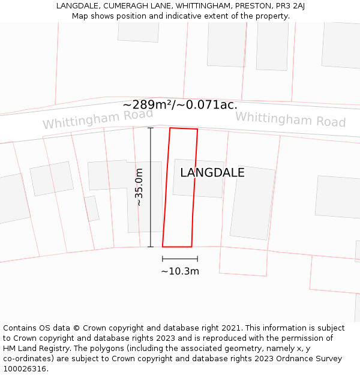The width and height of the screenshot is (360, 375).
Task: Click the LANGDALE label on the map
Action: [212, 173]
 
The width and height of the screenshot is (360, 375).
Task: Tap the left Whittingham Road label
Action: [89, 119]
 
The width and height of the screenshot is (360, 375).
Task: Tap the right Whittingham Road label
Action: [290, 119]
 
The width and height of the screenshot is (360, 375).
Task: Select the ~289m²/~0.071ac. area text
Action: [180, 104]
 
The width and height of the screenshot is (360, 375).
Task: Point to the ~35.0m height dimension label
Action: [139, 187]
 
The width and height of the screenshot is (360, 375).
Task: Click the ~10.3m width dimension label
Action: [180, 271]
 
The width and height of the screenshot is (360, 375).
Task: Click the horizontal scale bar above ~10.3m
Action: [180, 259]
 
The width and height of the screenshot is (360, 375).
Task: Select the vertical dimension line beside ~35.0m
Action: [151, 187]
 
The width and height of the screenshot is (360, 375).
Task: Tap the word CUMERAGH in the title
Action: [118, 6]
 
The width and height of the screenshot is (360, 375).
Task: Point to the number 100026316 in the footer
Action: [23, 369]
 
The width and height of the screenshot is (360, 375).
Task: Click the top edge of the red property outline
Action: [184, 128]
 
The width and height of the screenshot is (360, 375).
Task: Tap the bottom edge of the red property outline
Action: [177, 247]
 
